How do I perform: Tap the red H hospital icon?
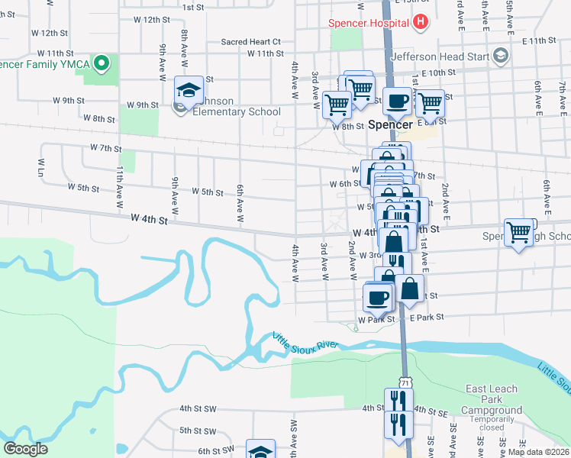pyautogui.click(x=419, y=22)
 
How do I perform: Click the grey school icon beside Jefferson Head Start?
pyautogui.click(x=501, y=56)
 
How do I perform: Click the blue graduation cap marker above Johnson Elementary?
pyautogui.click(x=189, y=90)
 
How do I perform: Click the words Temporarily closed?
pyautogui.click(x=492, y=424)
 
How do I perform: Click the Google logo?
pyautogui.click(x=25, y=449)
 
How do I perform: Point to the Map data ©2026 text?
pyautogui.click(x=537, y=452)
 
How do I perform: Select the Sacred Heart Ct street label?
pyautogui.click(x=251, y=42)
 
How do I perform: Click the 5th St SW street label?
pyautogui.click(x=198, y=431)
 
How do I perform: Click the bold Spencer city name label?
pyautogui.click(x=390, y=124)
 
